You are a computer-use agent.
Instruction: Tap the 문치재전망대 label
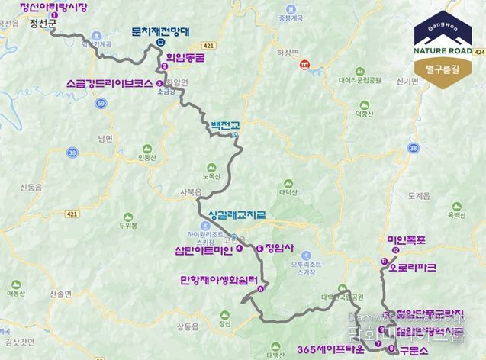coord(160,31)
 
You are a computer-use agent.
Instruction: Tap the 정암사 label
coord(278,248)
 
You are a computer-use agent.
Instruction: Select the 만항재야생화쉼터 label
coord(217,279)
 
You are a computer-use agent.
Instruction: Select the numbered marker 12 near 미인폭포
coord(394,250)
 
